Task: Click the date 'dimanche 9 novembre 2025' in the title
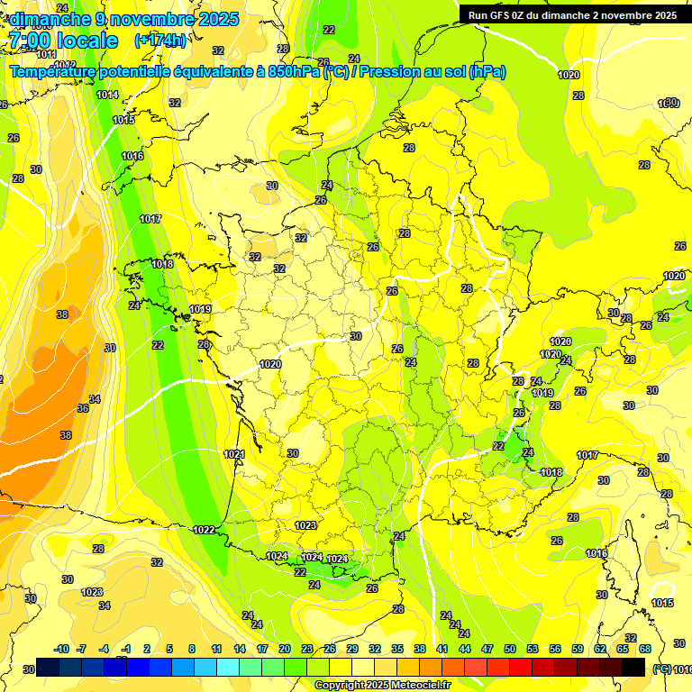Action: (x=123, y=19)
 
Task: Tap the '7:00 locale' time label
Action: (x=62, y=41)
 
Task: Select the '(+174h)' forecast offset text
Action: (x=160, y=41)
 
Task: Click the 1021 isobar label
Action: (x=234, y=455)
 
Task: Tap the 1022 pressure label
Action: (x=204, y=530)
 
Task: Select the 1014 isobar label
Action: (x=107, y=95)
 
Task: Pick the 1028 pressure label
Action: (x=560, y=341)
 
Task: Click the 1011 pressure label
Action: (x=47, y=55)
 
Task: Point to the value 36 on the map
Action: (x=83, y=408)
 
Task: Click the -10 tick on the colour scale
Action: (x=61, y=649)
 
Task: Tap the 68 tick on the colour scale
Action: (x=645, y=649)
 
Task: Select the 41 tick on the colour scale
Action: (x=442, y=649)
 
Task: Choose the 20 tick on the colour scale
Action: (x=285, y=649)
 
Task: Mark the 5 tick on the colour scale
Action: (x=168, y=649)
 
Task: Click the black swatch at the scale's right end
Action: (x=633, y=667)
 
